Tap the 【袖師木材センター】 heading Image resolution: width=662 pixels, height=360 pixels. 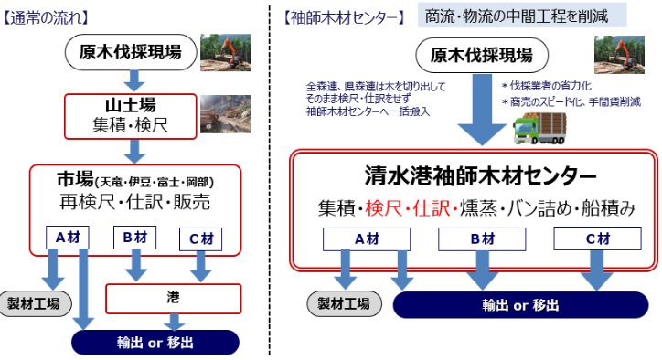340,16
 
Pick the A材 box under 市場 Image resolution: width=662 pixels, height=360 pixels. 69,237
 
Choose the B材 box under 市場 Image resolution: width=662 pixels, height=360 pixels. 135,237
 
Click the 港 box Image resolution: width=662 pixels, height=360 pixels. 174,297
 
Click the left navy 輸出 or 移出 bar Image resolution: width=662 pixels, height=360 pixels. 155,342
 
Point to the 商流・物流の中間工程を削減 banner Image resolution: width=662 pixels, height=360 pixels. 522,15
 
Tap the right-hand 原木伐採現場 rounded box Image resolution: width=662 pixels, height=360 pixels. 482,54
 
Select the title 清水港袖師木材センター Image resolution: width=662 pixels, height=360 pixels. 474,175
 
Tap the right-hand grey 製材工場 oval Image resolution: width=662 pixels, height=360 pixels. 343,304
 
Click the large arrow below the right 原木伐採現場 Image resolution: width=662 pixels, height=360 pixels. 482,113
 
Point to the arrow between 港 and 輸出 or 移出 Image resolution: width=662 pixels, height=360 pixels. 174,321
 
